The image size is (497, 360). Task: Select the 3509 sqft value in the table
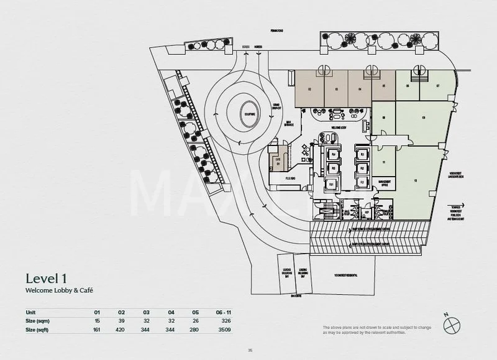pos(224,330)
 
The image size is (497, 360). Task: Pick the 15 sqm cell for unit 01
pos(97,321)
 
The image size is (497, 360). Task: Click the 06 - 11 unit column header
pos(223,312)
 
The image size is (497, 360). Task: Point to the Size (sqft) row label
pos(38,330)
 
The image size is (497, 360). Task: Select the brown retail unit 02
pos(309,89)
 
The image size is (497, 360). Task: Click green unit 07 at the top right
pos(438,86)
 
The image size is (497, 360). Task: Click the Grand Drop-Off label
pos(277,106)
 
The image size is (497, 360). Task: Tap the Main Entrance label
pos(290,122)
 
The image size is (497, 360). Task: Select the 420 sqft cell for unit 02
pos(122,330)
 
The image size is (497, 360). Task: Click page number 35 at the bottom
pos(250,350)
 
